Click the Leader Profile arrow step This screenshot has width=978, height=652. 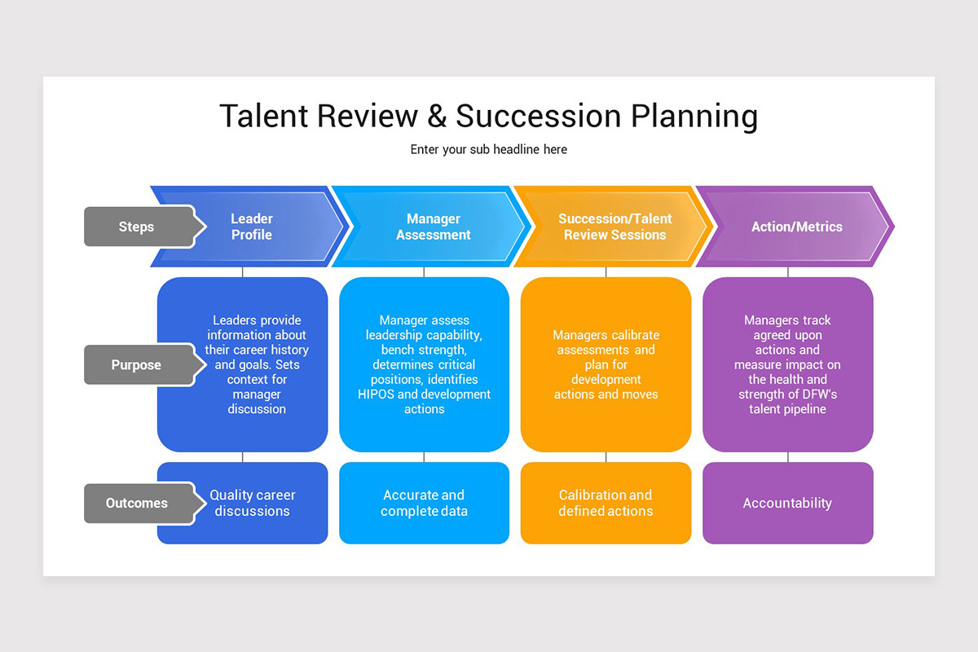pyautogui.click(x=253, y=227)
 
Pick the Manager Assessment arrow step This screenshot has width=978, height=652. pyautogui.click(x=434, y=227)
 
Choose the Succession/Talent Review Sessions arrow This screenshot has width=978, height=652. pyautogui.click(x=615, y=227)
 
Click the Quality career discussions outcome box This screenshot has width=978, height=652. pyautogui.click(x=253, y=503)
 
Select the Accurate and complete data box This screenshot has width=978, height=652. pyautogui.click(x=424, y=503)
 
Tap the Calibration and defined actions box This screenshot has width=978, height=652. pyautogui.click(x=606, y=503)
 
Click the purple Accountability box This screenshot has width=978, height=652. pyautogui.click(x=787, y=503)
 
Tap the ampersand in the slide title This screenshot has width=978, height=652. pyautogui.click(x=437, y=116)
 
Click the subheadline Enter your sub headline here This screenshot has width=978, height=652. pyautogui.click(x=489, y=149)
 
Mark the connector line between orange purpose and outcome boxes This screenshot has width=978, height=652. pyautogui.click(x=606, y=457)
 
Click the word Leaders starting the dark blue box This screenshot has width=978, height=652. pyautogui.click(x=235, y=320)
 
